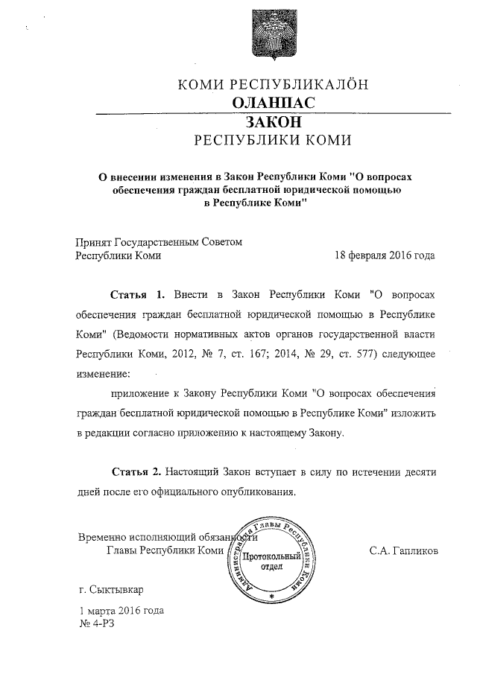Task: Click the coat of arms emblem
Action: [272, 31]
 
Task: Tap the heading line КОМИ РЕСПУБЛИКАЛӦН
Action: [273, 84]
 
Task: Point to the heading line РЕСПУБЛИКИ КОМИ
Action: [273, 140]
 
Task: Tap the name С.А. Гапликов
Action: [403, 551]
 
